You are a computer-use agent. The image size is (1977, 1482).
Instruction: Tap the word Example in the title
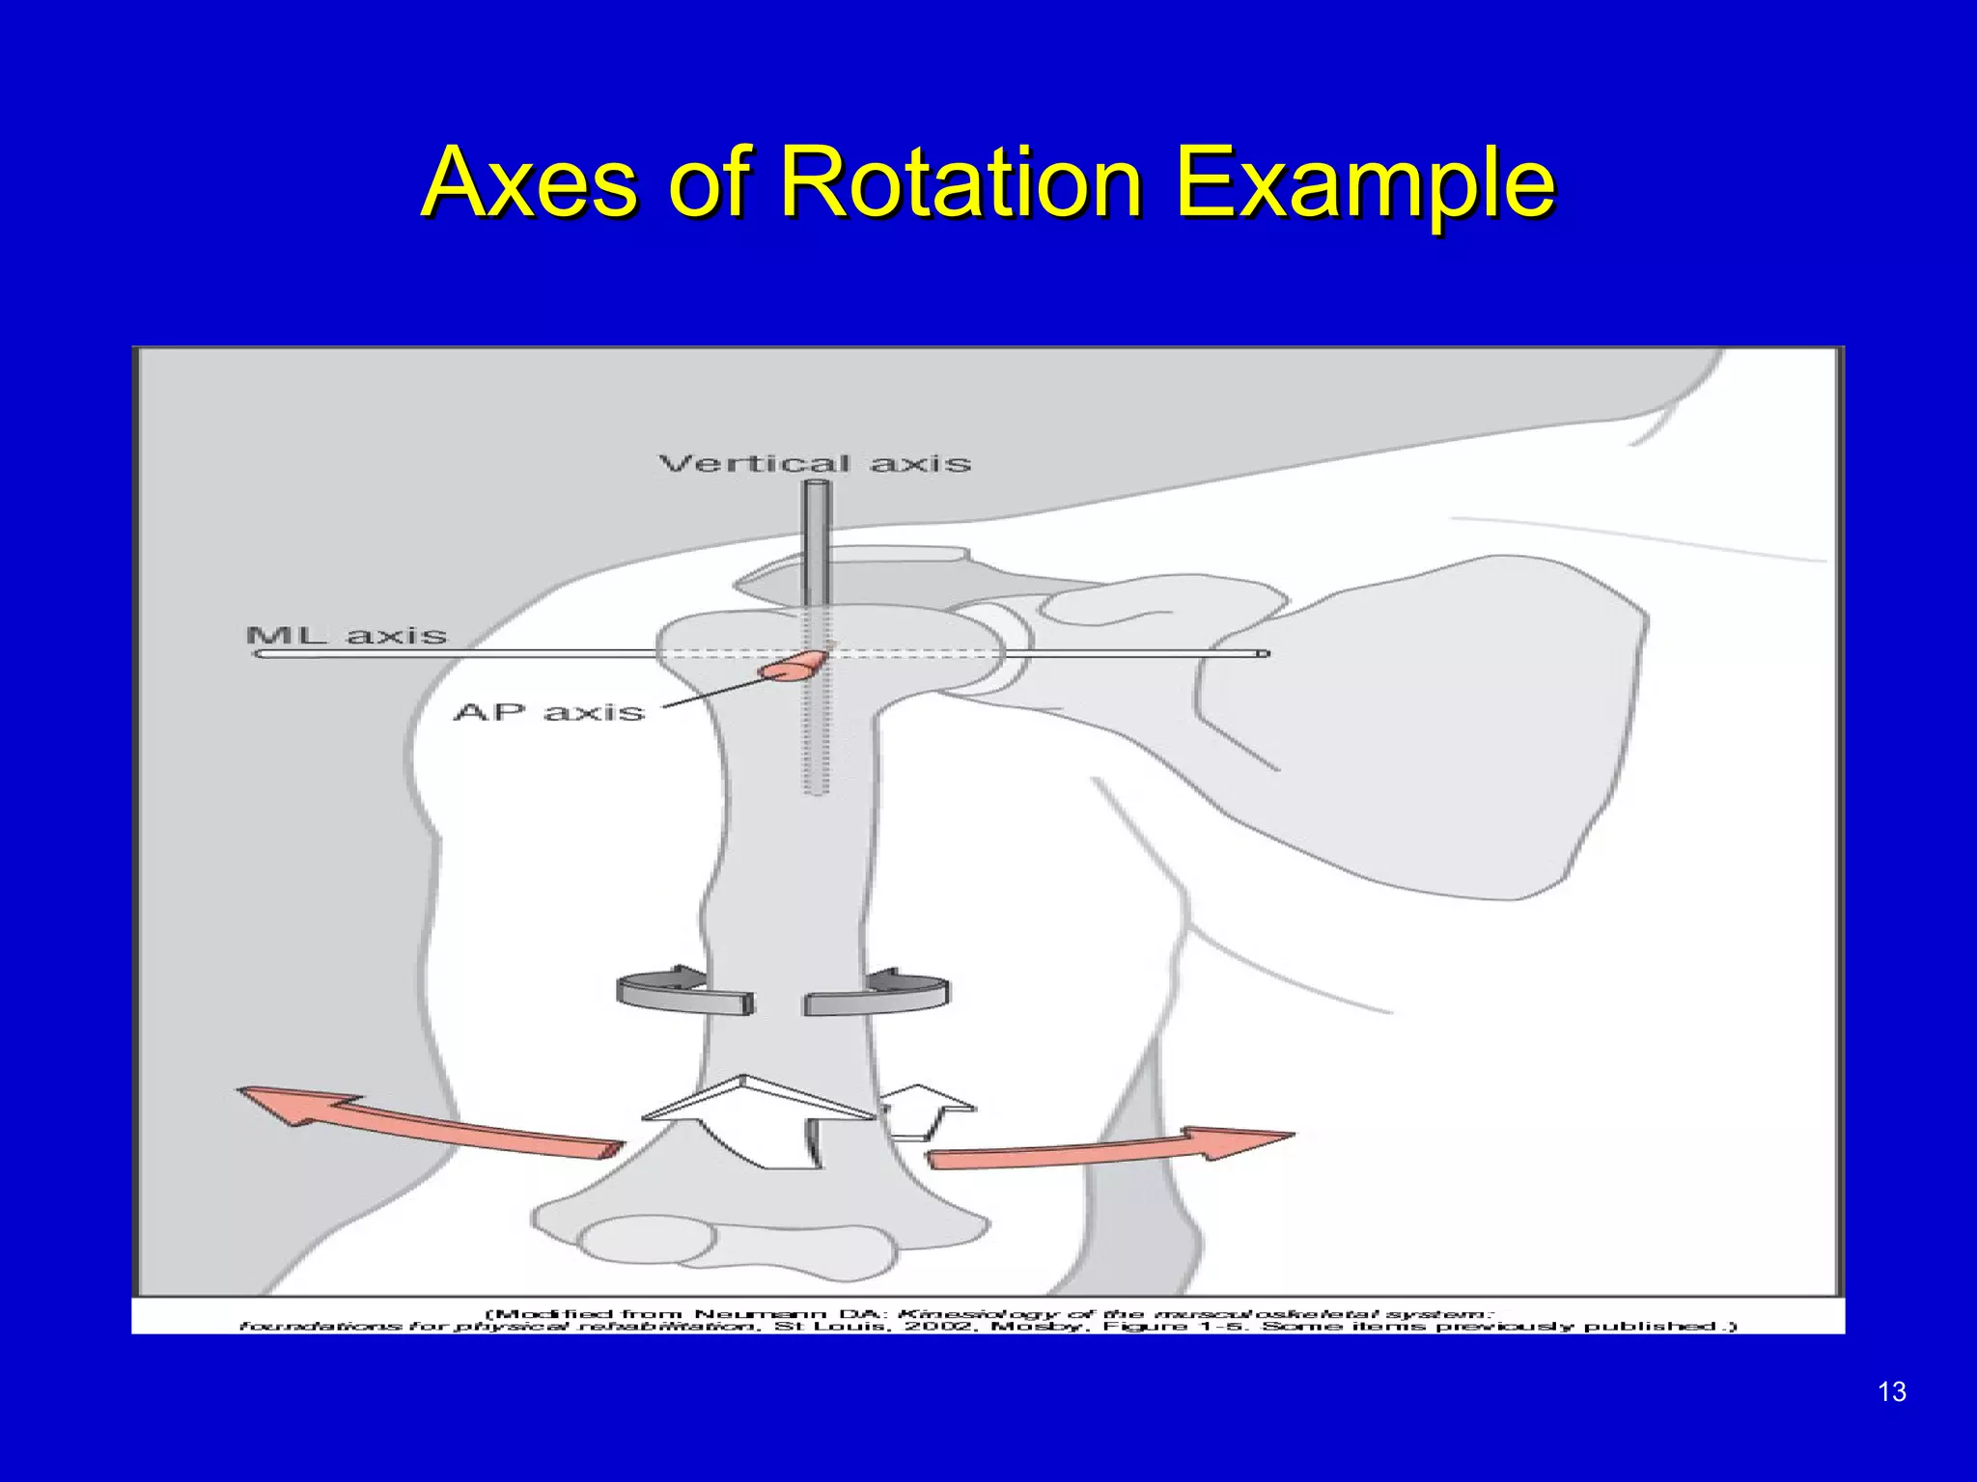coord(1364,183)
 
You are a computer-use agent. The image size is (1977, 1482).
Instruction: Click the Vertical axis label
coord(815,464)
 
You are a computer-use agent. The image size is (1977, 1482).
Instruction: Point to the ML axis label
coord(347,636)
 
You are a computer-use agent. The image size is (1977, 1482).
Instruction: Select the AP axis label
coord(548,712)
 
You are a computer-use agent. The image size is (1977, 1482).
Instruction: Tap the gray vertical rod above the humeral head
coord(817,540)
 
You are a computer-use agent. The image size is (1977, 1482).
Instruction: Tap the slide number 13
coord(1893,1391)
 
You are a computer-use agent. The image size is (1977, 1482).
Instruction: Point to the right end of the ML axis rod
coord(1263,654)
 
